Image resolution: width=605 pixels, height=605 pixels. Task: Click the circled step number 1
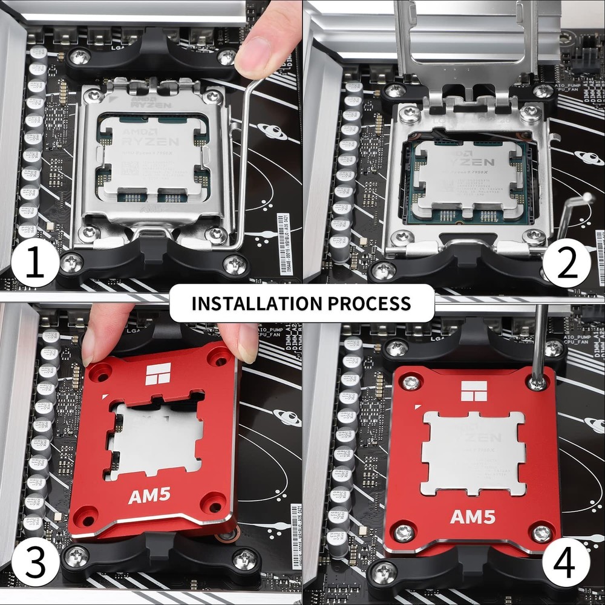click(34, 264)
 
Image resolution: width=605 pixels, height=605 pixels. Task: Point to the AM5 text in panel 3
click(149, 496)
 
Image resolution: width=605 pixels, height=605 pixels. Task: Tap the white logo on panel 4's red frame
click(474, 391)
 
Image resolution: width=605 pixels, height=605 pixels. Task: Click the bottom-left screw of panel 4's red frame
click(404, 533)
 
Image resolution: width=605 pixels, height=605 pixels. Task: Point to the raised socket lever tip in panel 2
click(586, 198)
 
